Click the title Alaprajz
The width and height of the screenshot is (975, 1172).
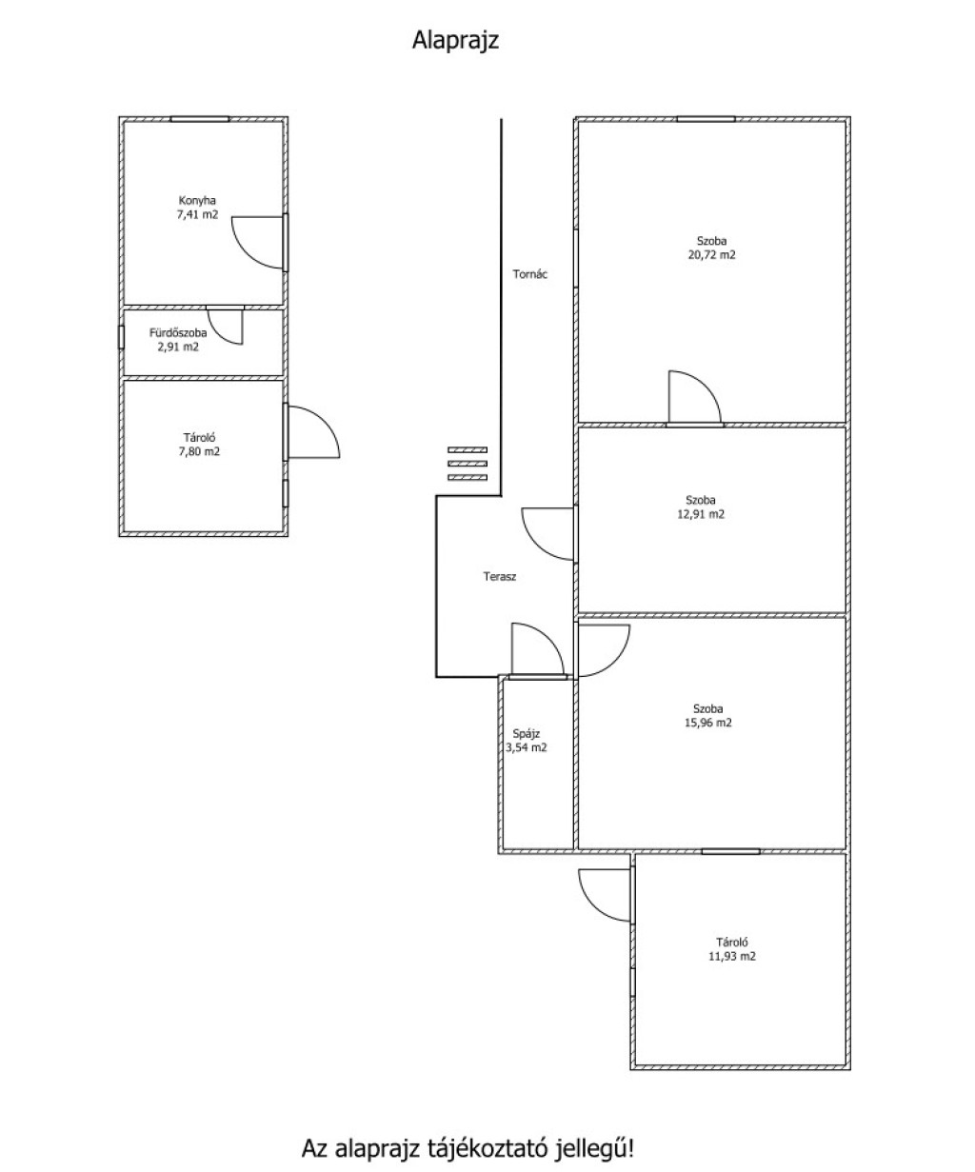[x=455, y=40]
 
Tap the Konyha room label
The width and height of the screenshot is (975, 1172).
[x=197, y=200]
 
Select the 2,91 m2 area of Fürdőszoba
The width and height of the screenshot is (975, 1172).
[x=178, y=347]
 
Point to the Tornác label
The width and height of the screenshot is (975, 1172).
[x=530, y=274]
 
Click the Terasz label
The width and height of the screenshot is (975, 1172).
[x=500, y=576]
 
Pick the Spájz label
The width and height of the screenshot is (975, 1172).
[x=526, y=733]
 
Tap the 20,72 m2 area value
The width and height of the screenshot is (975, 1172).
[x=712, y=254]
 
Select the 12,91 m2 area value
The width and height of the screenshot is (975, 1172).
[x=701, y=513]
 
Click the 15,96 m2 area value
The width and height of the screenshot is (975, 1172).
[x=707, y=723]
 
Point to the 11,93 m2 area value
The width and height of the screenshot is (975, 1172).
[x=732, y=956]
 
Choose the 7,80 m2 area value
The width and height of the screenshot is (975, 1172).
[x=199, y=451]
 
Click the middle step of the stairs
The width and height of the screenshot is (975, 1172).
[x=467, y=464]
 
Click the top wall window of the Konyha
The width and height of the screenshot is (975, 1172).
[x=200, y=119]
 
